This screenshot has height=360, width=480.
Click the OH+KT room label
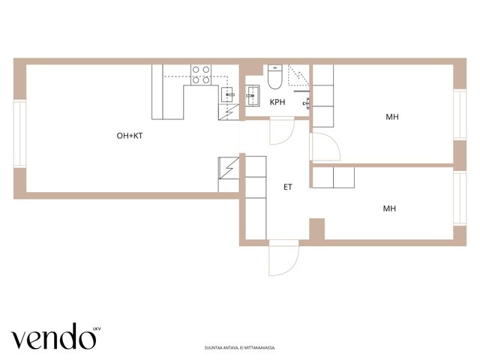tap(130, 136)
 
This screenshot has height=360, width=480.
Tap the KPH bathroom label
tap(277, 102)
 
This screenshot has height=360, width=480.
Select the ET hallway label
tap(288, 187)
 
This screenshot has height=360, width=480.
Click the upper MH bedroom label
tap(392, 117)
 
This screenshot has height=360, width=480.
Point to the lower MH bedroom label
tap(389, 208)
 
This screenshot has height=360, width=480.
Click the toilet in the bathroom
tap(275, 76)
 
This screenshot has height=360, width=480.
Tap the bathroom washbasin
tap(253, 96)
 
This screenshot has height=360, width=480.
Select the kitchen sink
tap(228, 94)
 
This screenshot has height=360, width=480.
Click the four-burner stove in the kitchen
tap(201, 75)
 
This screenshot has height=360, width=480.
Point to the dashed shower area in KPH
tap(298, 75)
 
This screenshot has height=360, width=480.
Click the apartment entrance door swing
tap(283, 258)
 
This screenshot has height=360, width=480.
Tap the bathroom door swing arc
tap(282, 131)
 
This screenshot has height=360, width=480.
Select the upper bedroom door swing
tap(325, 147)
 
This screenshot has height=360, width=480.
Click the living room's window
tap(19, 133)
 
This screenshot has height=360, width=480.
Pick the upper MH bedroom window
tap(460, 115)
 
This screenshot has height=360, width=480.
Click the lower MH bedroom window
tap(460, 198)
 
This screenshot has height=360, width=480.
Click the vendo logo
tap(53, 336)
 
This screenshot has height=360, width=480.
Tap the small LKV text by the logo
tap(97, 329)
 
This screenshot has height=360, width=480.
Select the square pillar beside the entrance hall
tap(317, 229)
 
